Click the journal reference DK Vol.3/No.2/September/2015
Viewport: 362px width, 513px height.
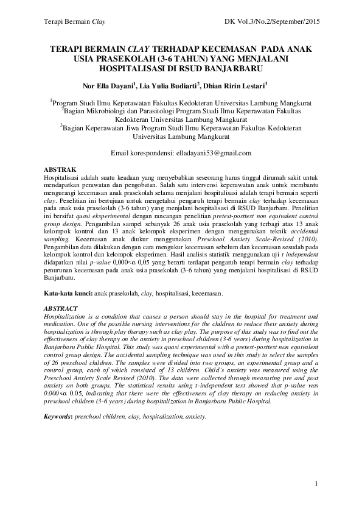click(272, 23)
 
